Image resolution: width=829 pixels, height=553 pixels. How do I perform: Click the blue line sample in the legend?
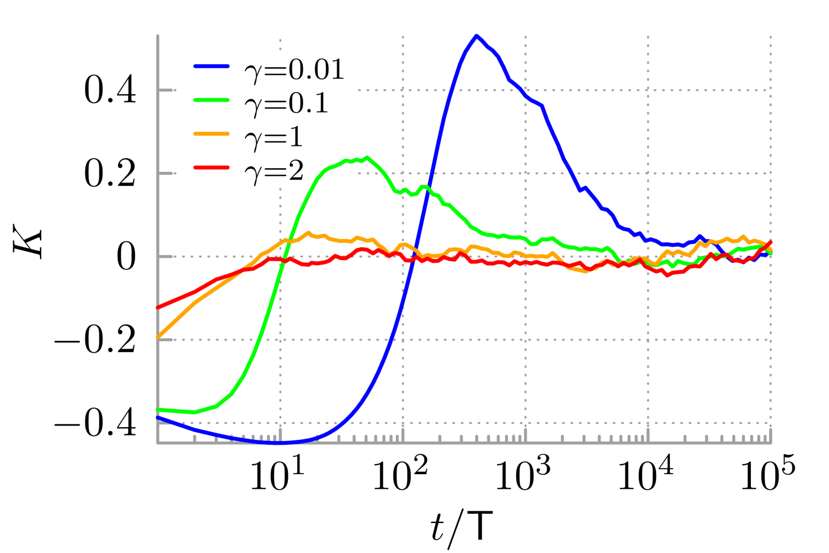[x=211, y=66]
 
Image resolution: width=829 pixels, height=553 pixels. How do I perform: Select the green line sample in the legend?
[x=211, y=100]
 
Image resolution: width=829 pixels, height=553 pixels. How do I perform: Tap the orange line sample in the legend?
[x=211, y=134]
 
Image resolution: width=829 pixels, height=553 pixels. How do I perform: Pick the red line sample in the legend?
[x=211, y=167]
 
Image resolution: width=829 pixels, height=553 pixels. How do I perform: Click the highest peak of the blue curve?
[x=476, y=37]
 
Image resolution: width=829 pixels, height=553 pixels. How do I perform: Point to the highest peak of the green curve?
[x=367, y=158]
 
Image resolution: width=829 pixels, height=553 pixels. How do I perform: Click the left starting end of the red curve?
[x=158, y=307]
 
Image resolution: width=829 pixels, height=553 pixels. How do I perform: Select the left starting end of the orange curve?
[x=158, y=337]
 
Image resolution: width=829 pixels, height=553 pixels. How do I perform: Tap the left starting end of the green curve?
[x=158, y=409]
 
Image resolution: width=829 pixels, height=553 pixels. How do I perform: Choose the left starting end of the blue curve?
[x=158, y=418]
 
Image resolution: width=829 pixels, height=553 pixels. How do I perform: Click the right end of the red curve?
[x=770, y=242]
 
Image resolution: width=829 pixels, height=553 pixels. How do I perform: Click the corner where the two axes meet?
[x=158, y=443]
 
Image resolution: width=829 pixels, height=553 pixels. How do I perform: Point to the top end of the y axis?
[x=158, y=36]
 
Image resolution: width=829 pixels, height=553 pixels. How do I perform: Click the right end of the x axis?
[x=771, y=443]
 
